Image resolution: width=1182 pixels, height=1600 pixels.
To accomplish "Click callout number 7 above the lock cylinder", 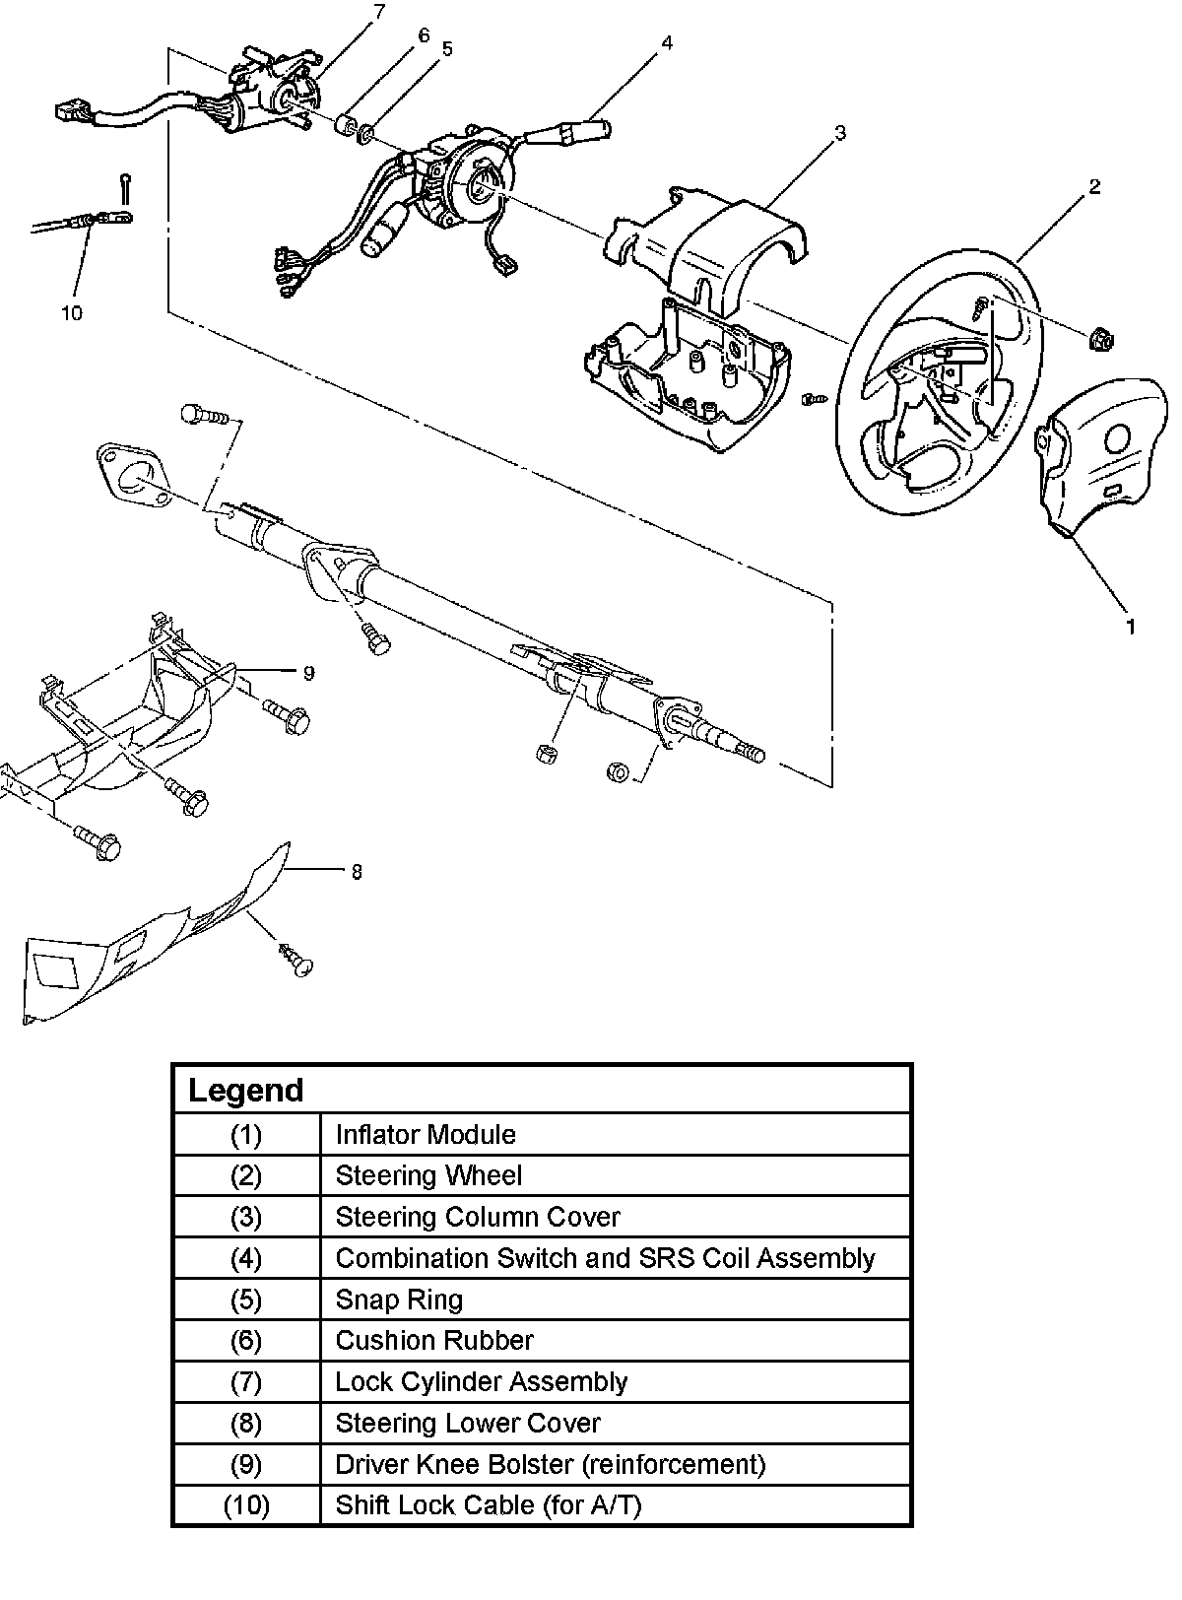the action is point(379,12).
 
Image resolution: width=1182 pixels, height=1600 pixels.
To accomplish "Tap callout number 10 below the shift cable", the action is point(72,313).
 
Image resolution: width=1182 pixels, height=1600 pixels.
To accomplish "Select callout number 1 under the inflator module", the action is point(1131,627).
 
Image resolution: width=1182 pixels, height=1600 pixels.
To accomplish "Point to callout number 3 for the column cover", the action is point(839,133).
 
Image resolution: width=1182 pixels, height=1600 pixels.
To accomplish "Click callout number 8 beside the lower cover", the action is point(357,872).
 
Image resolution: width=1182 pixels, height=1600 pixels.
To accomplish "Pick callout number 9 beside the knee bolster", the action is point(308,673).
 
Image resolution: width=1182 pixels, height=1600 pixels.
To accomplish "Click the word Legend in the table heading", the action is point(246,1090).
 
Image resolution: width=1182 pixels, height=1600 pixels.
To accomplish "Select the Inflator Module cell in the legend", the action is point(426,1135).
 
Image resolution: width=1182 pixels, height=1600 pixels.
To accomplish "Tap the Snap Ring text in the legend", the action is point(399,1300).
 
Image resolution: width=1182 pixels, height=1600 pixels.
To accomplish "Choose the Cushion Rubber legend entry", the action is point(434,1340).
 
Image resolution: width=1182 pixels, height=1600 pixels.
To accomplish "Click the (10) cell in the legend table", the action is point(246,1504).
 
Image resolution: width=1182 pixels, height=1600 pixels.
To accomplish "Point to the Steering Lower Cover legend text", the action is point(468,1423).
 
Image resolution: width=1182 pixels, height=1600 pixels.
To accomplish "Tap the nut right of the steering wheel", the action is point(1100,339).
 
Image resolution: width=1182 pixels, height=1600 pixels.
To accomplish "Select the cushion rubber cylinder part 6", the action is point(346,125).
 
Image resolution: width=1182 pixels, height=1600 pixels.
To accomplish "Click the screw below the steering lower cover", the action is point(296,961).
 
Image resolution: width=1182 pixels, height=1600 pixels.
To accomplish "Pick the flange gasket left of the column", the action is point(134,478).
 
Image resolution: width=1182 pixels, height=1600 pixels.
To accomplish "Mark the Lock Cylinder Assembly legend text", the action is point(481,1381).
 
